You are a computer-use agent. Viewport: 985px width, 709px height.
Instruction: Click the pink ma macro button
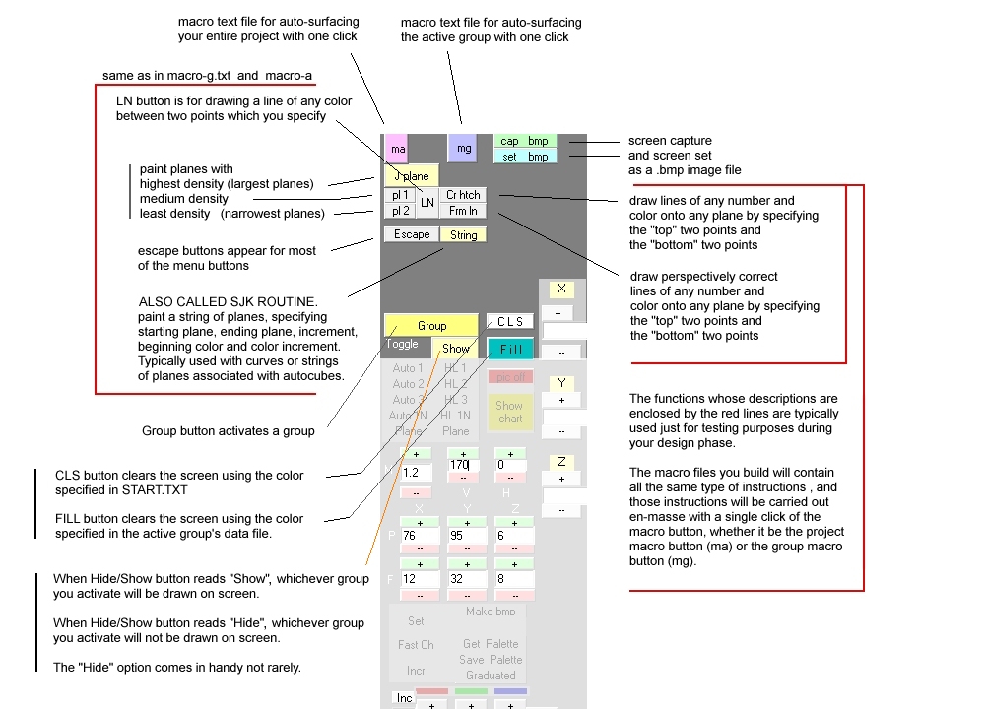coord(396,149)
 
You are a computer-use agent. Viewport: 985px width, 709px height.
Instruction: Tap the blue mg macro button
coord(462,148)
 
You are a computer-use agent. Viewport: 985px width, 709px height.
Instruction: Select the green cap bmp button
coord(524,141)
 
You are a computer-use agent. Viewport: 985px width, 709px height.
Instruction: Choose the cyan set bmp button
coord(524,157)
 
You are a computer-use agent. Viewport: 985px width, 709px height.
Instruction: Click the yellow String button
coord(463,235)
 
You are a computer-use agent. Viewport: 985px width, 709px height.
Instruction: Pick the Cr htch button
coord(463,195)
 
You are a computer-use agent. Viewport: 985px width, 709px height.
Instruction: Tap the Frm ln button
coord(463,211)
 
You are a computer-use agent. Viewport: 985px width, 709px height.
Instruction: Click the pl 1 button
coord(399,195)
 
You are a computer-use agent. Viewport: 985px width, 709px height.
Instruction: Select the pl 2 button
coord(399,211)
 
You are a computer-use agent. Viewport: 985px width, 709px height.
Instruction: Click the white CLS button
coord(510,322)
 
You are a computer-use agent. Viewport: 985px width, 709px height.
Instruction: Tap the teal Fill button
coord(510,349)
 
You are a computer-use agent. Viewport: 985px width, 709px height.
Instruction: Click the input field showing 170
coord(465,465)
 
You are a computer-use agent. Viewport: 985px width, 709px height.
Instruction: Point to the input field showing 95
coord(466,536)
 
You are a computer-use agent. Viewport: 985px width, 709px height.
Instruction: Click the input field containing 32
coord(466,580)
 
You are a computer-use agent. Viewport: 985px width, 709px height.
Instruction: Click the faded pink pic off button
coord(510,377)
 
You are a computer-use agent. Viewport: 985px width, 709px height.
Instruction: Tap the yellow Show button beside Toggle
coord(456,349)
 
